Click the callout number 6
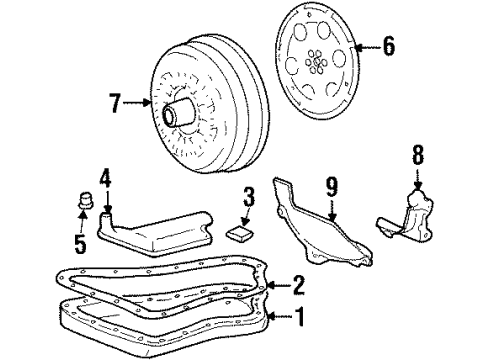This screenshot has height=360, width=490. pos(389,45)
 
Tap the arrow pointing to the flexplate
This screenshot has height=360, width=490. pos(364,46)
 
